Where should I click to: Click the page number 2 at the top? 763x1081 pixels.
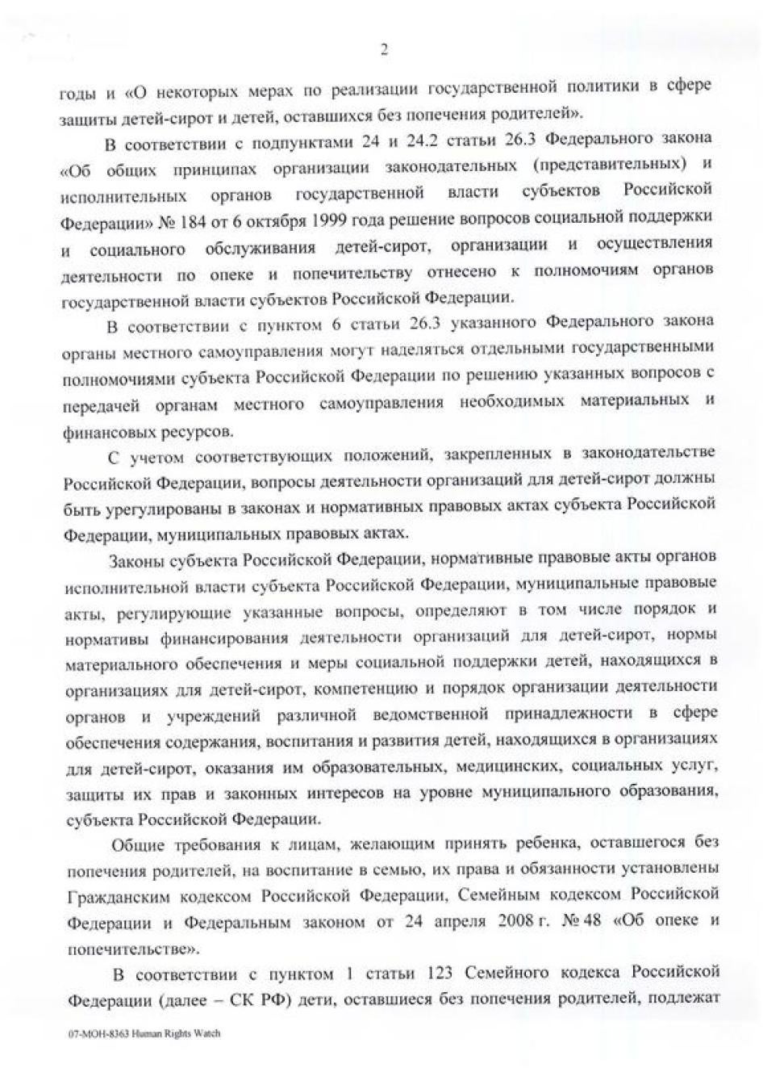383,50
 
